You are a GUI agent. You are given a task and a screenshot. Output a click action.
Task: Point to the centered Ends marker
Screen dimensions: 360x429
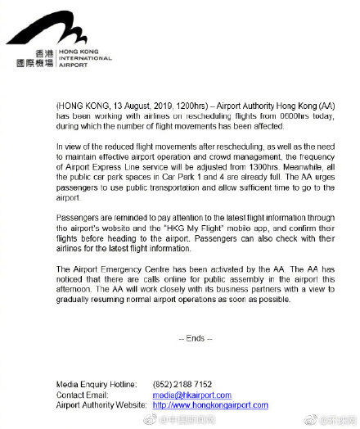(x=196, y=337)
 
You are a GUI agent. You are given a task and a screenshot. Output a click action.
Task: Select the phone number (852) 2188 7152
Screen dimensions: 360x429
(x=182, y=384)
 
